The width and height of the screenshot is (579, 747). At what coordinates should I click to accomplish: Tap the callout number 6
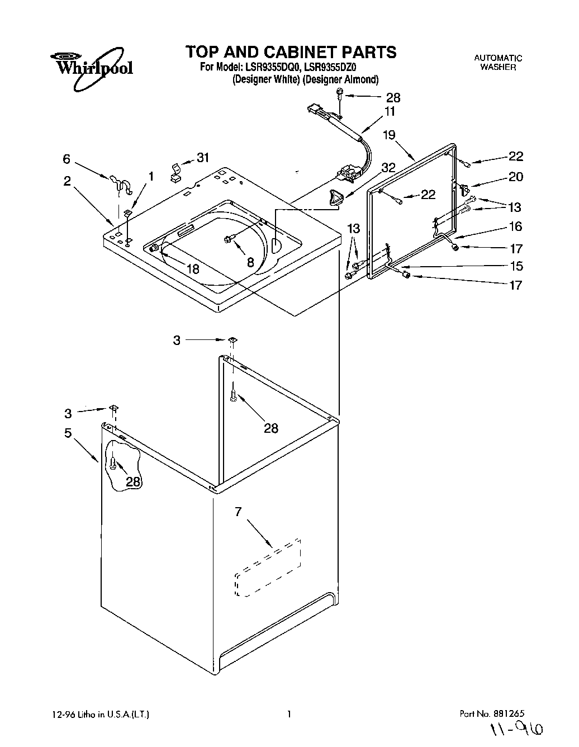(67, 159)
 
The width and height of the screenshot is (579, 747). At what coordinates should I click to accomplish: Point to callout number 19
(389, 135)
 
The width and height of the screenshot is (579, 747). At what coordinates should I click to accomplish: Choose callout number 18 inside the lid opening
(193, 269)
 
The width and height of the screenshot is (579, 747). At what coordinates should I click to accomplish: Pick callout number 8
(250, 261)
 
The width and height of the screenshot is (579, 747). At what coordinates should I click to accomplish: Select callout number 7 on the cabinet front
(238, 511)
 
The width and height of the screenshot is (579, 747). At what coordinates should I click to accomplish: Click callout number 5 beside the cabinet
(68, 433)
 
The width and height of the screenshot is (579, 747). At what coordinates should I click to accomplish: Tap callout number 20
(515, 177)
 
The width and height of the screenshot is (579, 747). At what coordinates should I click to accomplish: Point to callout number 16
(515, 226)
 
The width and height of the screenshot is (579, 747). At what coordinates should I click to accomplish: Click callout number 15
(515, 266)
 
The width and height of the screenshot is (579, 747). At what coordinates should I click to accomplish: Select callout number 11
(390, 111)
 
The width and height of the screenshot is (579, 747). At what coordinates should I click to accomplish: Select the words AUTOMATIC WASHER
(498, 62)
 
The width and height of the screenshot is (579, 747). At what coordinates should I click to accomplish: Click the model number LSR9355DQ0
(274, 68)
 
